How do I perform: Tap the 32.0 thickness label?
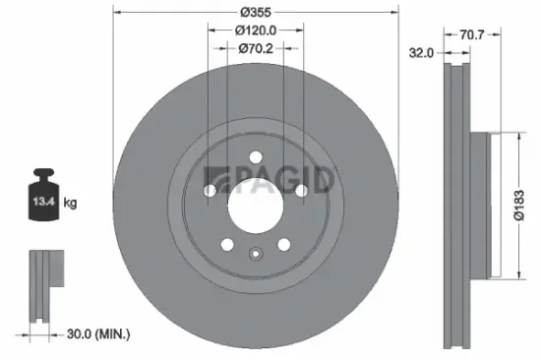point(422,54)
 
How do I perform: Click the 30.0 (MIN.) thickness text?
point(91,334)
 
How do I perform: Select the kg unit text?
point(70,203)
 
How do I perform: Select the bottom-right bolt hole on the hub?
point(283,244)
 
